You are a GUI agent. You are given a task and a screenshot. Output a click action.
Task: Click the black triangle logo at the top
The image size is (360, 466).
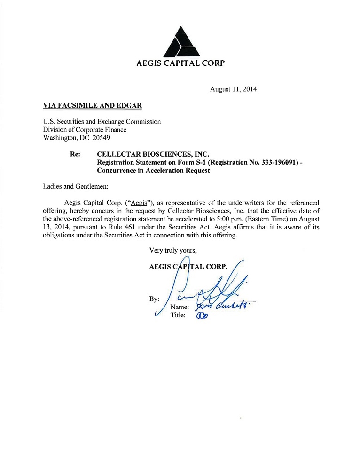(x=180, y=41)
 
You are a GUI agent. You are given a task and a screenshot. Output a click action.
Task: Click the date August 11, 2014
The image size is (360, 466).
(x=233, y=89)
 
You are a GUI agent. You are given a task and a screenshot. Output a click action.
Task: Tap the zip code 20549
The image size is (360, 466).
(x=102, y=138)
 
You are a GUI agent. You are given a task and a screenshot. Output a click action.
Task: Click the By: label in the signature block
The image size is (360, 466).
(x=154, y=299)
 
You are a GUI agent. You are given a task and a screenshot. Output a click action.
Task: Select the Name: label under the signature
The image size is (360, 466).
(x=180, y=307)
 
